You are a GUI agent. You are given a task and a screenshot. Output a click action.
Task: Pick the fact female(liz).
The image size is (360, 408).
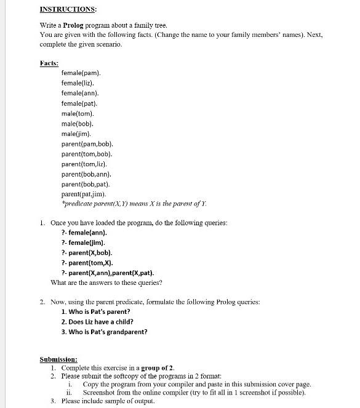pos(78,82)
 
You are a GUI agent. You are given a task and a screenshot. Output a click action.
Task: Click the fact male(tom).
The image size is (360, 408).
pos(78,113)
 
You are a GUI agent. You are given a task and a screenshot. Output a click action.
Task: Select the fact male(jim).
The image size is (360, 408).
pos(77,134)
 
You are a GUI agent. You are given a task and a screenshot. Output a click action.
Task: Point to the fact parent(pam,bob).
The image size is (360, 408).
pos(87,143)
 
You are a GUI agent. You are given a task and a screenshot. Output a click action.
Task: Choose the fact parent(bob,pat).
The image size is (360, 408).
pos(86,184)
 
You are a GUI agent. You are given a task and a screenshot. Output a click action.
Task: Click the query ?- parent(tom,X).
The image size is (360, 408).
pos(87,263)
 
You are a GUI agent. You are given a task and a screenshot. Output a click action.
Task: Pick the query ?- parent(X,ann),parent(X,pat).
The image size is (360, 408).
pos(108,273)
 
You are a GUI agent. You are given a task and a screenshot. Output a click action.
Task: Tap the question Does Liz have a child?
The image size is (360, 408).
pos(97,322)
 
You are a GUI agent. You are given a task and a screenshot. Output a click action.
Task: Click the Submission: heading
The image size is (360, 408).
pos(58,359)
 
